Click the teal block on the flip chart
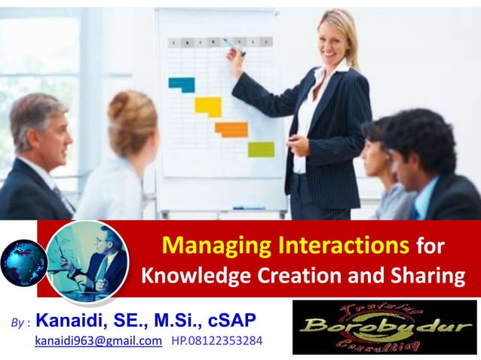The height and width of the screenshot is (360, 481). coord(182,84)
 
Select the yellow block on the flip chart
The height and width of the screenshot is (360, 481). coord(208,106)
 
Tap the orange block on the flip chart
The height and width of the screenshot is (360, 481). coord(231,129)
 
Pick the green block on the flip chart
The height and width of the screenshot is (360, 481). coord(261,149)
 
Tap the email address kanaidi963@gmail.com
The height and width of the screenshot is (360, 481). coord(99,341)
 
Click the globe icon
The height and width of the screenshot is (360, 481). coord(23,263)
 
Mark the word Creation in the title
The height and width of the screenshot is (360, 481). coord(297,276)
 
